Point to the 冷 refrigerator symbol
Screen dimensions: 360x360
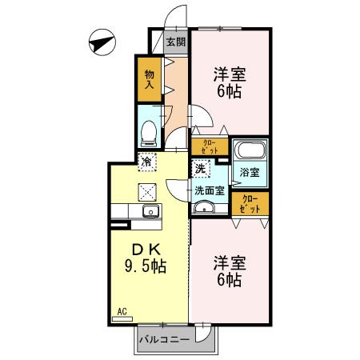146,161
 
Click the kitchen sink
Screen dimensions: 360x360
148,211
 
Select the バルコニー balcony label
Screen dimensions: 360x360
164,339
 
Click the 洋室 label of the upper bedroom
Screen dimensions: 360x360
229,74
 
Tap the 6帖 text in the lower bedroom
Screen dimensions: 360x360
229,280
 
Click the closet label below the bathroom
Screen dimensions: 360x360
250,204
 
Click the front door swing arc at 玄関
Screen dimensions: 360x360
178,18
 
